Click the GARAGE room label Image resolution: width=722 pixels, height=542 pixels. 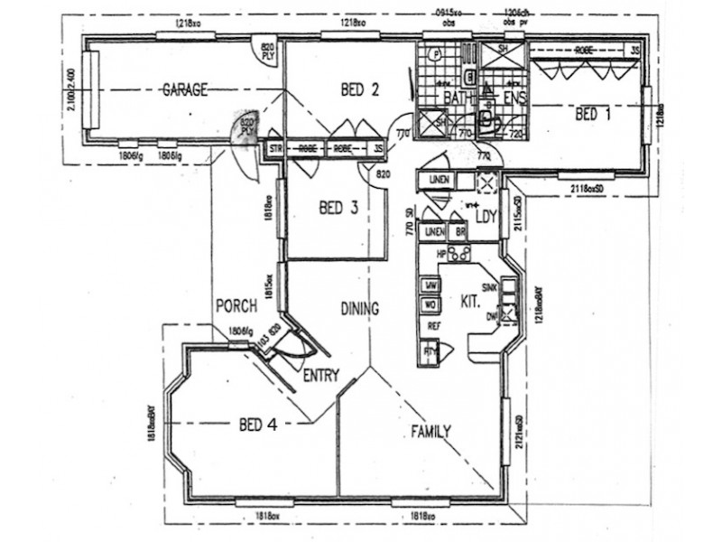pyautogui.click(x=185, y=89)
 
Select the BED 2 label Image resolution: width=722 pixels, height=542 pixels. pyautogui.click(x=359, y=89)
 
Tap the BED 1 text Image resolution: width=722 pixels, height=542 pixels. pyautogui.click(x=593, y=115)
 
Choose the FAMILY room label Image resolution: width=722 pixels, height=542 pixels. pyautogui.click(x=430, y=431)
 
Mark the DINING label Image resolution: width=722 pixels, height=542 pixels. pyautogui.click(x=359, y=307)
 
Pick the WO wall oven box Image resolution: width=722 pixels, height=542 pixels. pyautogui.click(x=430, y=305)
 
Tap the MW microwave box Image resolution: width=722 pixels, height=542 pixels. pyautogui.click(x=430, y=286)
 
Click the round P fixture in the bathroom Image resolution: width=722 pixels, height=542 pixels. pyautogui.click(x=435, y=54)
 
